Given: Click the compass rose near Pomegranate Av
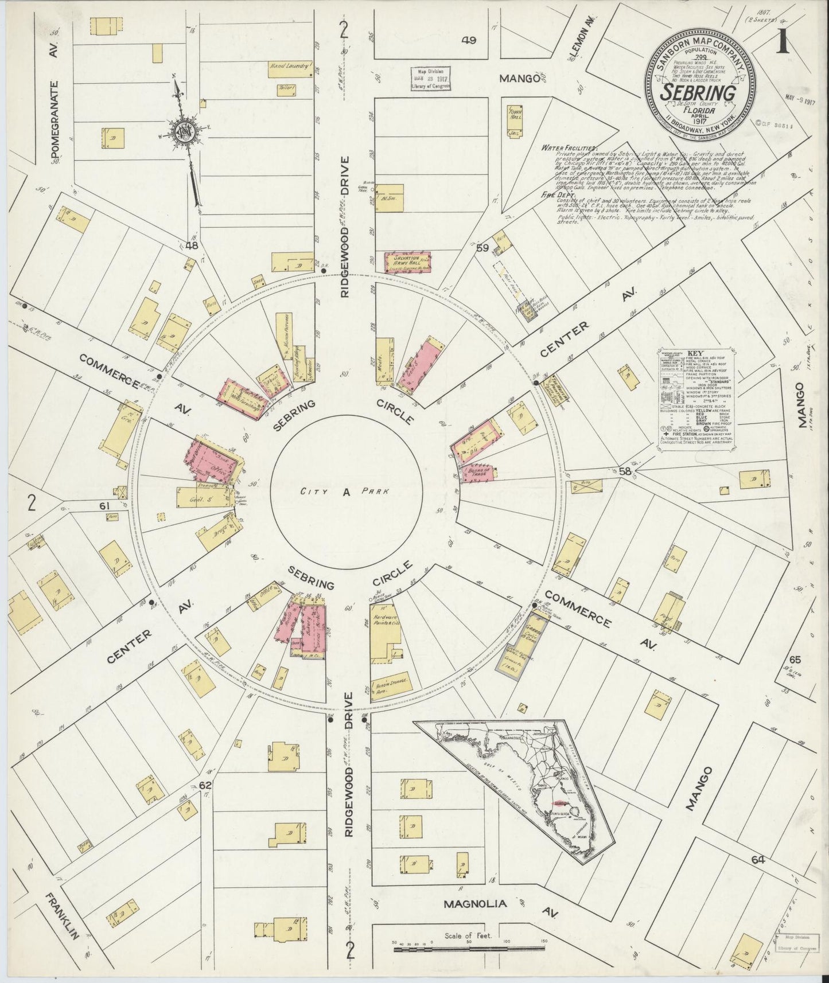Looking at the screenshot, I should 188,131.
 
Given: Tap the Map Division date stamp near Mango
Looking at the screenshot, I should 430,77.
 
